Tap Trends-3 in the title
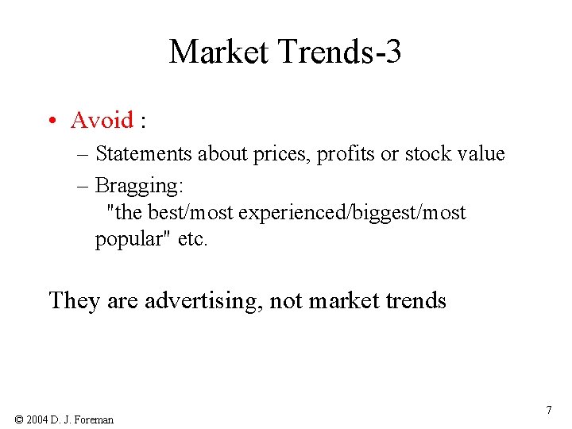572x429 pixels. tap(339, 52)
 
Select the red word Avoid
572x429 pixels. tap(102, 120)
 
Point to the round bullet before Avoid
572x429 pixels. tap(51, 121)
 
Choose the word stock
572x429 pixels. tap(427, 154)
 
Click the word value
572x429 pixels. tap(481, 154)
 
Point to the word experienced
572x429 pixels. tap(299, 213)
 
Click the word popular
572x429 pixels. tap(129, 239)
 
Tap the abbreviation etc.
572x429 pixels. tap(192, 239)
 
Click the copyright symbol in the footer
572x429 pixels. tap(19, 419)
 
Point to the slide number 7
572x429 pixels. tap(549, 410)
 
